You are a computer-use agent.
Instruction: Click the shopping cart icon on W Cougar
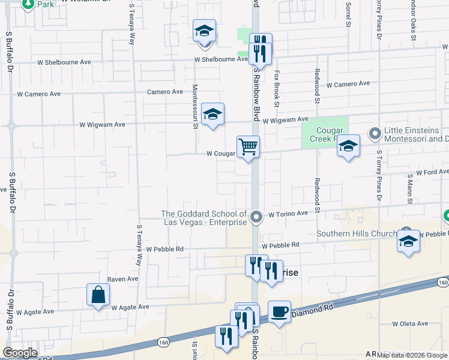click(248, 146)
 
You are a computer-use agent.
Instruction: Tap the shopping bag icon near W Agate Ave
click(98, 295)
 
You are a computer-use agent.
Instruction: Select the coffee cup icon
click(279, 312)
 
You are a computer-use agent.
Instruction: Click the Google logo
click(20, 353)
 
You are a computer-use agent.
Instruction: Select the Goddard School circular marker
click(256, 217)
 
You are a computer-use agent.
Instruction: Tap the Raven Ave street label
click(122, 279)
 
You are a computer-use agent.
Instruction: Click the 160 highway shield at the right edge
click(443, 282)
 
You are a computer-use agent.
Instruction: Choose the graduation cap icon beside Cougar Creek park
click(348, 146)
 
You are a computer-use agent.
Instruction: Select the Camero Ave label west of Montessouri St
click(165, 92)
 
